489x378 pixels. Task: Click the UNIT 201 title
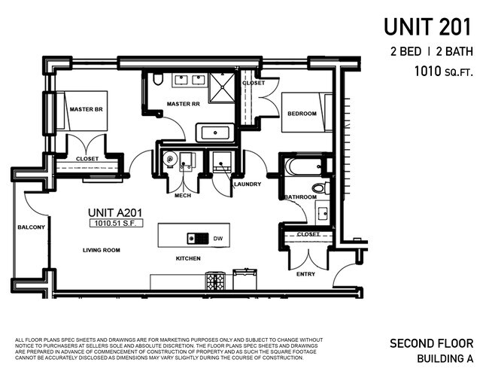[427, 27]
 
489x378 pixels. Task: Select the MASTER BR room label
[86, 109]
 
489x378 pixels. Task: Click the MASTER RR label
[182, 104]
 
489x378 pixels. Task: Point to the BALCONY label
[32, 227]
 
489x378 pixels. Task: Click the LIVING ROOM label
[102, 250]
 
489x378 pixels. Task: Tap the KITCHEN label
[188, 258]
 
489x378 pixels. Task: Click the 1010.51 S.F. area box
[110, 224]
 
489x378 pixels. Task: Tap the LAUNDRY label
[247, 184]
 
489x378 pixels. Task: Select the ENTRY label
[305, 275]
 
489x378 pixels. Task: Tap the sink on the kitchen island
[199, 239]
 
